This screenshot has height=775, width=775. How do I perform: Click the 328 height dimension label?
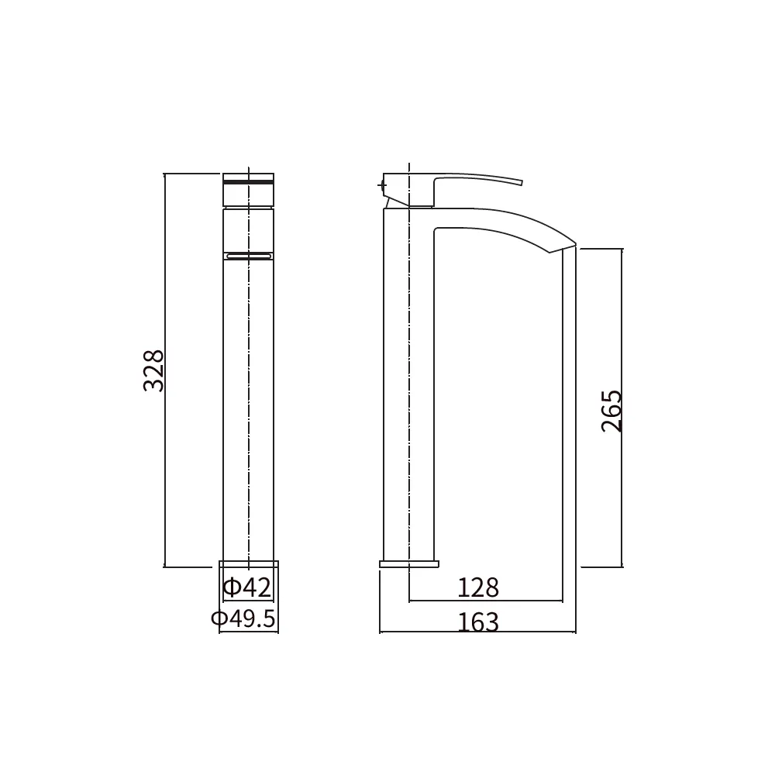(153, 370)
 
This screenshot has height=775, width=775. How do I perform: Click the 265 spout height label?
(611, 412)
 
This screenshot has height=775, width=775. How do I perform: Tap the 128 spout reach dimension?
(478, 587)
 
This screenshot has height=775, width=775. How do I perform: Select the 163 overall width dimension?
(478, 622)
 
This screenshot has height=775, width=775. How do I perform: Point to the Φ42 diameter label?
(247, 587)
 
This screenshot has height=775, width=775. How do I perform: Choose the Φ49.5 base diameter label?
(243, 618)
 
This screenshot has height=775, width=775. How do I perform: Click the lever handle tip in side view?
(522, 182)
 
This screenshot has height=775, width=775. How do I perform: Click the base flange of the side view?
(409, 564)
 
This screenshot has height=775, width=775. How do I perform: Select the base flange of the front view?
(249, 564)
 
